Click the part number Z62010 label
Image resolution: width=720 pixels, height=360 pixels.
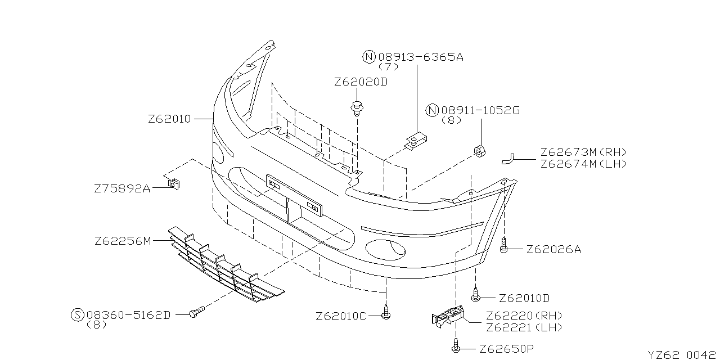click(169, 119)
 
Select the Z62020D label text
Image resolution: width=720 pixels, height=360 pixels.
click(361, 82)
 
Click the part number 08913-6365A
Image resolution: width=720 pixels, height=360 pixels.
click(421, 57)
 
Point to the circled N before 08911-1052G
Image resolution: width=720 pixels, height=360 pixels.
click(432, 111)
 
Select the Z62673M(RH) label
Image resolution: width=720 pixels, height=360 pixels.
click(583, 152)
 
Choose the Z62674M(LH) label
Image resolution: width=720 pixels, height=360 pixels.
click(583, 164)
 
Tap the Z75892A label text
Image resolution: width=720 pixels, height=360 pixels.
click(122, 189)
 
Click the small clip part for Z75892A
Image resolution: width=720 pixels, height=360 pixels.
click(175, 183)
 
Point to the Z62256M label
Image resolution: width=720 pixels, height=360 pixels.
click(123, 241)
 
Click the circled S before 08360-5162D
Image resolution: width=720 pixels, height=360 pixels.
click(78, 315)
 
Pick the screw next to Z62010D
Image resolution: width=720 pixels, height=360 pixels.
click(476, 292)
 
